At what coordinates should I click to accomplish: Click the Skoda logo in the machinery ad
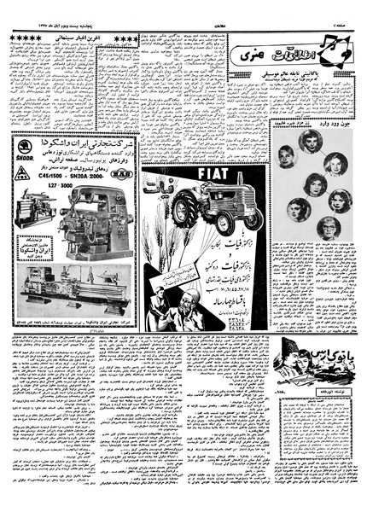coord(25,152)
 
